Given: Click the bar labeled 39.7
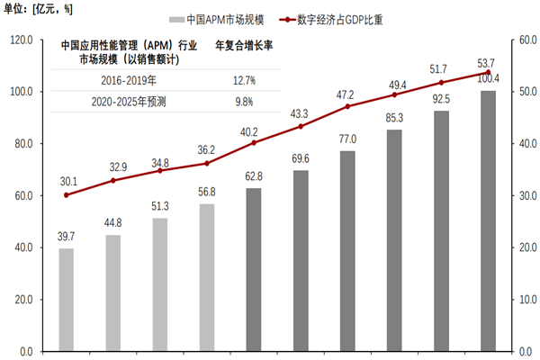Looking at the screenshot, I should [66, 300].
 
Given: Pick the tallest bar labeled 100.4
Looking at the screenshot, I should [488, 220].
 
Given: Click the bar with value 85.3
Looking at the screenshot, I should [394, 240].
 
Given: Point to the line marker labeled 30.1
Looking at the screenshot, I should [66, 194].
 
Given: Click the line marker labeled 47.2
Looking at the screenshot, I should [347, 106].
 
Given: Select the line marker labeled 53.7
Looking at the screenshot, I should [488, 73].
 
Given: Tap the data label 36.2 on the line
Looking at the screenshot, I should [206, 150].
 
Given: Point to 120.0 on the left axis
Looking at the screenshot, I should [20, 40].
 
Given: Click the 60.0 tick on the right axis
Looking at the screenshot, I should [527, 40].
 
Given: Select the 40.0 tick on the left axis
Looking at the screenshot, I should [22, 247].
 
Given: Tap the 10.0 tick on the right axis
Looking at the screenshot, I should [527, 299].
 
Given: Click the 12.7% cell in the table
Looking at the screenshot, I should [244, 80].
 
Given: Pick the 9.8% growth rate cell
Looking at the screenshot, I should [244, 102].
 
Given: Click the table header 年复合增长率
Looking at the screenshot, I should [244, 45].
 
